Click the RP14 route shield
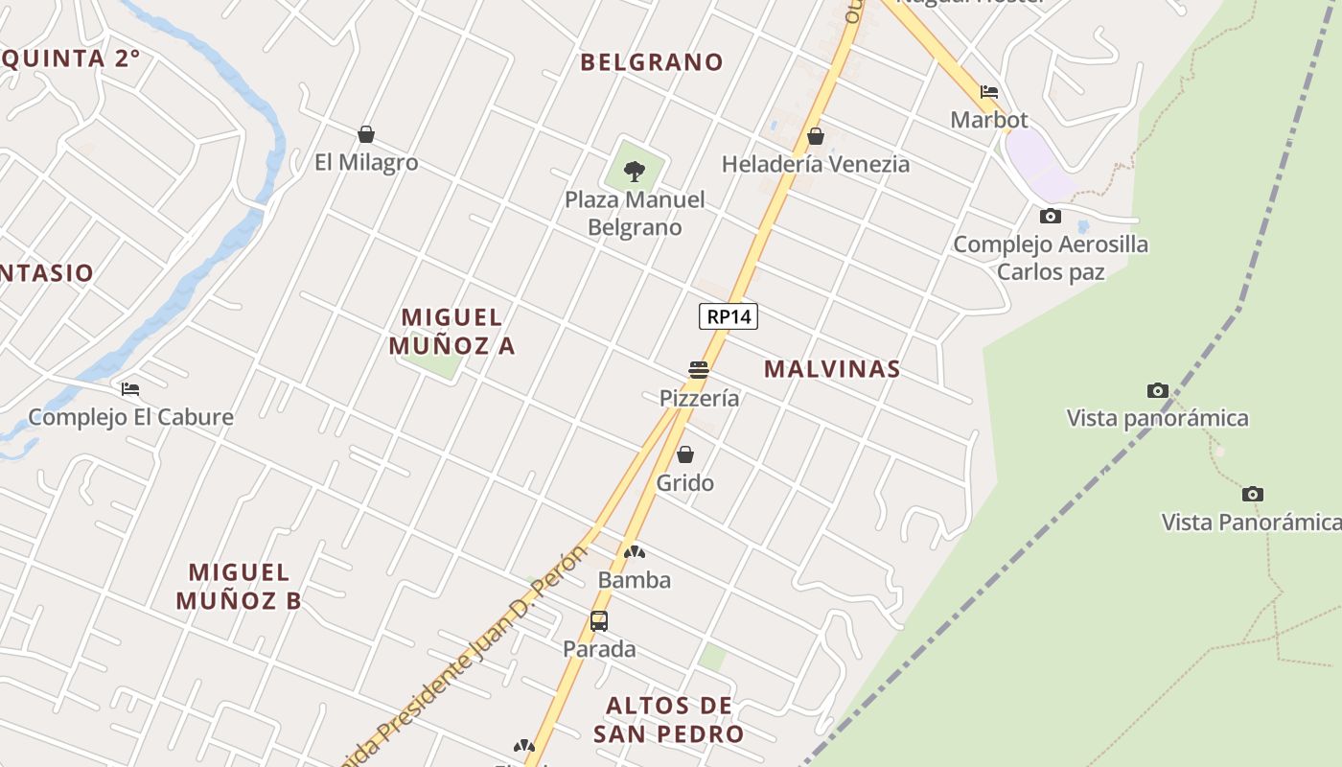[x=729, y=316]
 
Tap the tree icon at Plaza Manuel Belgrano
[x=634, y=172]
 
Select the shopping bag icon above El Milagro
[x=365, y=134]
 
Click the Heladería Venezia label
[x=815, y=164]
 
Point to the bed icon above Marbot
[x=989, y=92]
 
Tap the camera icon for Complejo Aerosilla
[x=1051, y=217]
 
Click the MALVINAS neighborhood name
[x=832, y=369]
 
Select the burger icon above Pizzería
[x=698, y=370]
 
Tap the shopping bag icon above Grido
[x=685, y=454]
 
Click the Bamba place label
[x=634, y=580]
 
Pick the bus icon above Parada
[x=599, y=621]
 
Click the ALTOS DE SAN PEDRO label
[x=669, y=720]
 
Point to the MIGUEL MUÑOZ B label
[x=239, y=587]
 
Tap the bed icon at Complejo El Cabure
[x=130, y=389]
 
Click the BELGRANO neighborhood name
[x=652, y=62]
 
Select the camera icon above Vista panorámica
[x=1158, y=390]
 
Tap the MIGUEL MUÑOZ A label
[x=451, y=331]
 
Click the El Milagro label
[x=366, y=162]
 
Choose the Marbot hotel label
[x=989, y=120]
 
